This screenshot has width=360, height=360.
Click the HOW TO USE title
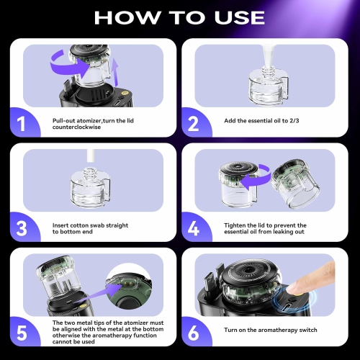pos(179,17)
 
